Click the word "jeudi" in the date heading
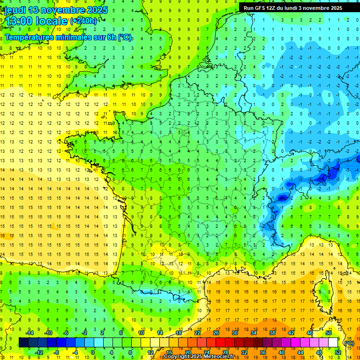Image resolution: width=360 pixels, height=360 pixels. tap(14, 10)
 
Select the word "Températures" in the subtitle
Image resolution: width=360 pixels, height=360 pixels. tap(29, 37)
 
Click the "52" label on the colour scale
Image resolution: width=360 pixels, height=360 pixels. tap(338, 352)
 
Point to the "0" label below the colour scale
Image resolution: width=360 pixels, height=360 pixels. tap(93, 352)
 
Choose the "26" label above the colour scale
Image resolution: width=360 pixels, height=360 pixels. tap(216, 332)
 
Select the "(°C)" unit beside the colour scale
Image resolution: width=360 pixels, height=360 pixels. tap(349, 343)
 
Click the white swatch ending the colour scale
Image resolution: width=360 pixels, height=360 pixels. tap(333, 343)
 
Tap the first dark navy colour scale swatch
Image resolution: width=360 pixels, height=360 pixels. tap(23, 343)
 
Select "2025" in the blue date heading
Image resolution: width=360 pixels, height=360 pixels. tap(97, 10)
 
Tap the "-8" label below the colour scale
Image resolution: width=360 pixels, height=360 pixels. tap(56, 352)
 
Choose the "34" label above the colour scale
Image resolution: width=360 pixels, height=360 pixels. tap(254, 332)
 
